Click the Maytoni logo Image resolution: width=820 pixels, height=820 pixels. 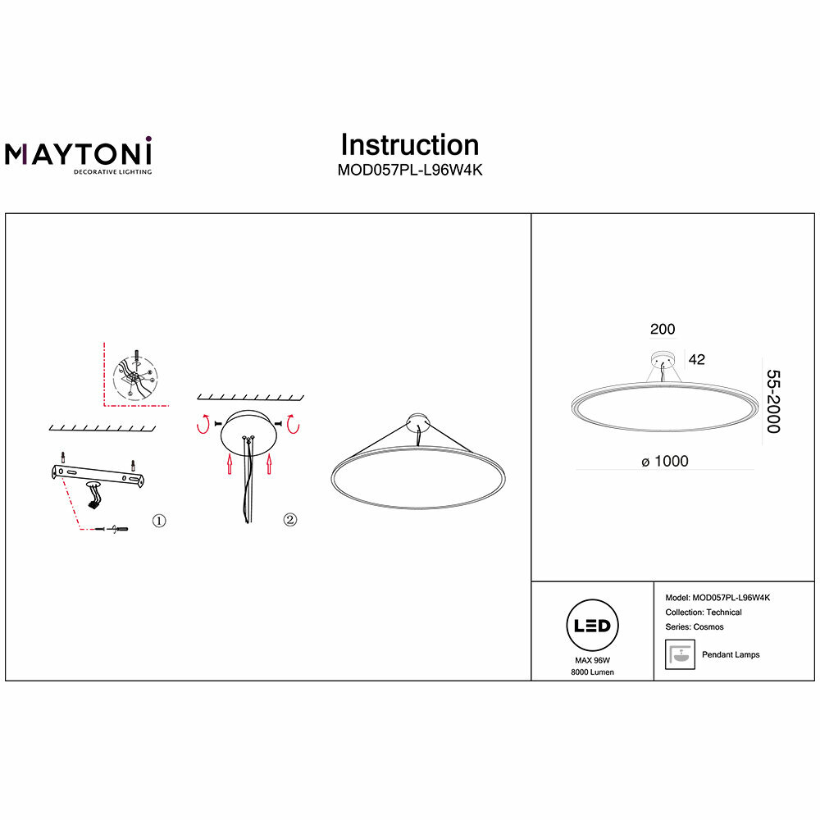pos(79,155)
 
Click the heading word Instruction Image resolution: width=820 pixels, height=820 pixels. pos(409,145)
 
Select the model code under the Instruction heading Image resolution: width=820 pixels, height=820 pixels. pos(409,172)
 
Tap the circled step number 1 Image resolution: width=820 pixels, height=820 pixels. pos(159,521)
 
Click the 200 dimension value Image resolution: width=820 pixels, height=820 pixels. pos(662,330)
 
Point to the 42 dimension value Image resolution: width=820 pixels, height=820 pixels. pos(697,359)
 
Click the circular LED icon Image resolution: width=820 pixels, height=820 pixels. pos(592,626)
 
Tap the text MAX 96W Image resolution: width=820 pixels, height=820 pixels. pos(592,660)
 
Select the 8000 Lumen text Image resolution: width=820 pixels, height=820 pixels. pos(592,672)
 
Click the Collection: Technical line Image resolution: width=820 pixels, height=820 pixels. pos(704,613)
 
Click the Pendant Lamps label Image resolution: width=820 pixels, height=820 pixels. pos(731,654)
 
